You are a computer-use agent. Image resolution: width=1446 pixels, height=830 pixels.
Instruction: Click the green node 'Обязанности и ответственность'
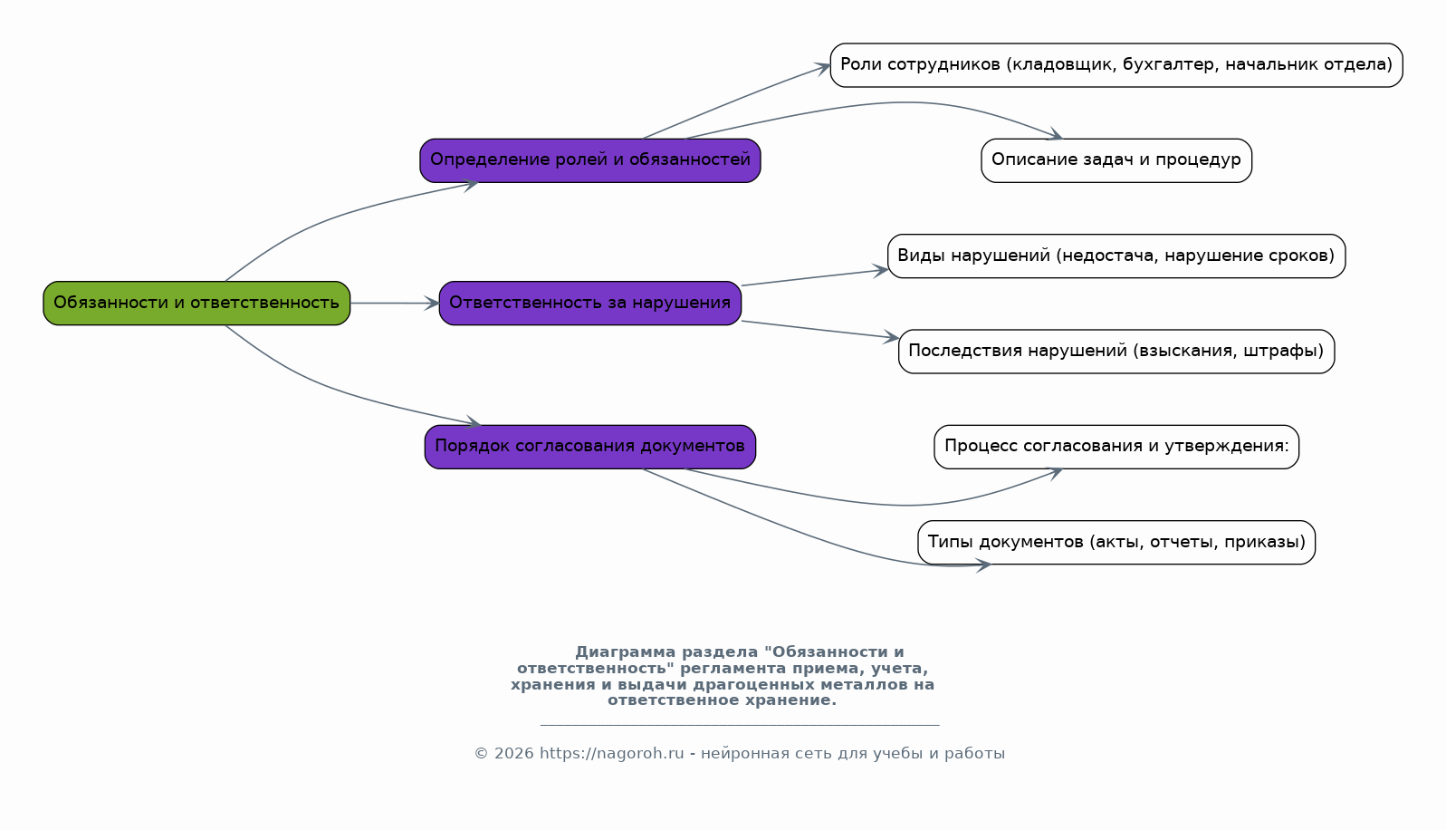196,303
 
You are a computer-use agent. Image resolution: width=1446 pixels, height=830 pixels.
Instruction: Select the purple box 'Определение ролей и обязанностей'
590,160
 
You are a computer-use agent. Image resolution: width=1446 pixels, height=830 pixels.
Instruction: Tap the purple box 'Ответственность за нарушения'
590,303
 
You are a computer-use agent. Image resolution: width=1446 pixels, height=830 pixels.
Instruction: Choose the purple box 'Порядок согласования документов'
590,447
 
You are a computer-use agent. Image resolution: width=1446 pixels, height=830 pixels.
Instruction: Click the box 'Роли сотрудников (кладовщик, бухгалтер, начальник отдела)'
1116,64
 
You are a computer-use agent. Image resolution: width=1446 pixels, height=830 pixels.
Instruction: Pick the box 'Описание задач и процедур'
1116,160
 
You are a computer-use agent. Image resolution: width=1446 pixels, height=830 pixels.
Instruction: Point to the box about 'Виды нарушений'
1116,256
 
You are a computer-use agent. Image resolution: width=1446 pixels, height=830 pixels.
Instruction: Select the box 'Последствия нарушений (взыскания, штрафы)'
1116,351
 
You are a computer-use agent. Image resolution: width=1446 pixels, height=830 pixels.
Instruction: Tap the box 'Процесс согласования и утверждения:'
1116,447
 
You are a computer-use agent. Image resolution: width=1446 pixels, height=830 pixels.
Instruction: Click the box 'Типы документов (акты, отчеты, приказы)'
1116,542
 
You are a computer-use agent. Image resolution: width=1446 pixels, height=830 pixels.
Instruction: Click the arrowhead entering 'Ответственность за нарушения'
432,303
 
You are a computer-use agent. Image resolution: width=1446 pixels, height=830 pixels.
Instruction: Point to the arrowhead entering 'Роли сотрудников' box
822,68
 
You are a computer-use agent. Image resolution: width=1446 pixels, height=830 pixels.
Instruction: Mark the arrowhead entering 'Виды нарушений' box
880,271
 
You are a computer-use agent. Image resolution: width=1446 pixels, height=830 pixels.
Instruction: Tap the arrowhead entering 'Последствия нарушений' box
892,336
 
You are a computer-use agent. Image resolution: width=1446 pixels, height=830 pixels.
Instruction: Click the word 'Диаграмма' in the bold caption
625,651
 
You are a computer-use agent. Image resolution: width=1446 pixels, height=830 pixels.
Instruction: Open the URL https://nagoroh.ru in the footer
611,753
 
